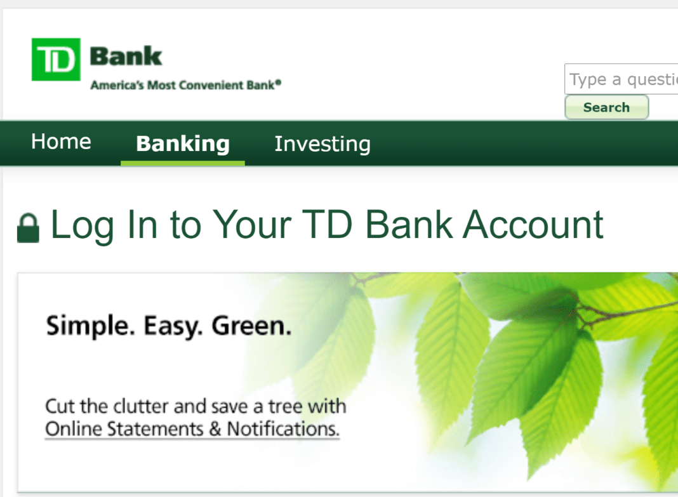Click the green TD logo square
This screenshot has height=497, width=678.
point(56,59)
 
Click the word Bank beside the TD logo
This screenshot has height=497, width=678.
point(126,56)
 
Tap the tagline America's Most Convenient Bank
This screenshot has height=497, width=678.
point(183,85)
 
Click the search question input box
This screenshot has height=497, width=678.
point(621,79)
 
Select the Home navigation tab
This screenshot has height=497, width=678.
point(61,141)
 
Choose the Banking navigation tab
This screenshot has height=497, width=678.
point(183,143)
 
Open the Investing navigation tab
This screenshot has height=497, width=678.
point(322,144)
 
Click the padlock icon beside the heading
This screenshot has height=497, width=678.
point(28,228)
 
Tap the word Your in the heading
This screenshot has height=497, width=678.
point(251,224)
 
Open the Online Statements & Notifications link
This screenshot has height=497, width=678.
point(192,428)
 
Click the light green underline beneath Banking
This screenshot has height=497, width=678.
point(183,163)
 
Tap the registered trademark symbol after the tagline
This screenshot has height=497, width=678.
point(278,82)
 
